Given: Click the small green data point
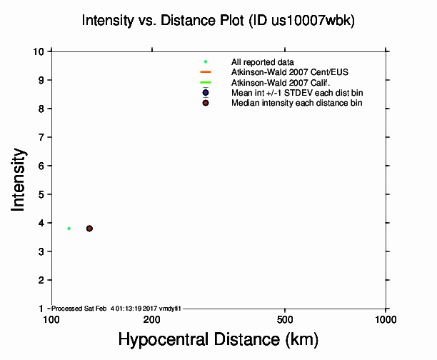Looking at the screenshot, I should [x=69, y=229].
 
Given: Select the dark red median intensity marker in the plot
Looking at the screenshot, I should [x=89, y=229].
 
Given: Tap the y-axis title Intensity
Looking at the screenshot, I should [x=19, y=179].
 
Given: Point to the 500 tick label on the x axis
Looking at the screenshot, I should [x=285, y=319].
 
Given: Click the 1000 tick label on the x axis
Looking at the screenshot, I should [x=386, y=319].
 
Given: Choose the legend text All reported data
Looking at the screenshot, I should [x=262, y=62].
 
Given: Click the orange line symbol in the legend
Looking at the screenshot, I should [x=206, y=72].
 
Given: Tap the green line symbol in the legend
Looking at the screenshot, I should [x=206, y=82].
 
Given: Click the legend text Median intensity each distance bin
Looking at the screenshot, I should [x=296, y=103].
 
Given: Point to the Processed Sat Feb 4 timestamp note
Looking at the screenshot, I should [x=118, y=308].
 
